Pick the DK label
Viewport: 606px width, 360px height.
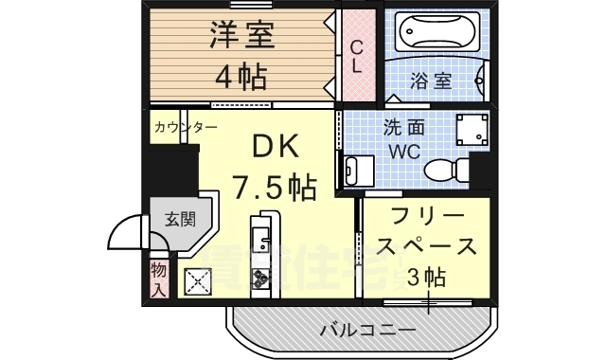[x=276, y=146]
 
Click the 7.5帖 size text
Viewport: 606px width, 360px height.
[x=275, y=188]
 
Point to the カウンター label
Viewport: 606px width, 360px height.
[x=186, y=127]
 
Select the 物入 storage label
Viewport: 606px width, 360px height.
[x=158, y=279]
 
